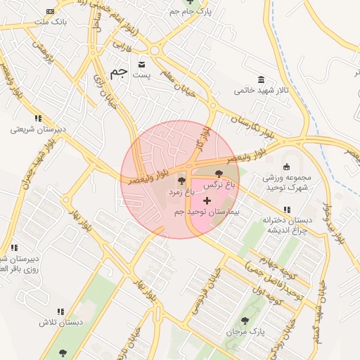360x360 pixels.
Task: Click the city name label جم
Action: click(119, 73)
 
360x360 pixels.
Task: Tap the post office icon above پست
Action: click(143, 61)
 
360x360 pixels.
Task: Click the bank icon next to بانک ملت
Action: click(50, 11)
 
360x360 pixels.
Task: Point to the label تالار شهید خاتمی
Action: click(261, 90)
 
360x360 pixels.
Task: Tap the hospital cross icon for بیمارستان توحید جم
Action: click(207, 200)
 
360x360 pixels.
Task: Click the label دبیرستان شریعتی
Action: click(38, 129)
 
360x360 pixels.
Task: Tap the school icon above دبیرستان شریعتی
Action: click(38, 117)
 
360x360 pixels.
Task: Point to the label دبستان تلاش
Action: click(60, 321)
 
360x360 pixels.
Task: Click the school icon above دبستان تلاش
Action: click(60, 311)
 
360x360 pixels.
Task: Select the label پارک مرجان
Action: click(243, 330)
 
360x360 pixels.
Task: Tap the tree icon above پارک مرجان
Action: click(243, 320)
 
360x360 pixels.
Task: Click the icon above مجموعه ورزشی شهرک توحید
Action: click(287, 167)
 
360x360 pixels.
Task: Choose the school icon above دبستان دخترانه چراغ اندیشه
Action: click(287, 210)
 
